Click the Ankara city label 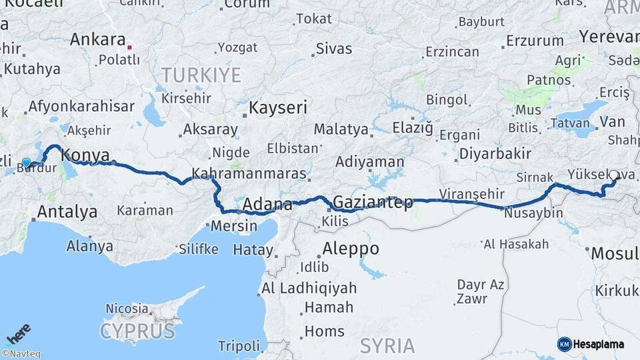(97, 39)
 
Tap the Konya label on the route (85, 155)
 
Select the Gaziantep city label (372, 202)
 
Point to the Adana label (267, 204)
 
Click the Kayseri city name (278, 107)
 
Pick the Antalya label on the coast (67, 212)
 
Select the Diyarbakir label (495, 154)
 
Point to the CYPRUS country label (137, 331)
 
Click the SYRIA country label (387, 345)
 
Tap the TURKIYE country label (199, 75)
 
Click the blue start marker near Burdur (27, 163)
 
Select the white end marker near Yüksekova (613, 175)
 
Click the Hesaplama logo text (599, 344)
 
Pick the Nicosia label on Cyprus (127, 309)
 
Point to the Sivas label (333, 48)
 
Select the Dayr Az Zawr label (480, 291)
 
